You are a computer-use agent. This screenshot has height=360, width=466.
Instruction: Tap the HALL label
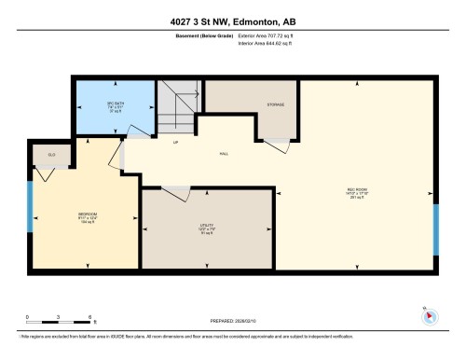(x=224, y=154)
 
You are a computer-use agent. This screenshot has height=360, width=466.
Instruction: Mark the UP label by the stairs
(x=175, y=143)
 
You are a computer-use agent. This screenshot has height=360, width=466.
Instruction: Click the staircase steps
(x=177, y=107)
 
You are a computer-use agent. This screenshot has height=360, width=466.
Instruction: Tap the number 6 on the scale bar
(x=89, y=317)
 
